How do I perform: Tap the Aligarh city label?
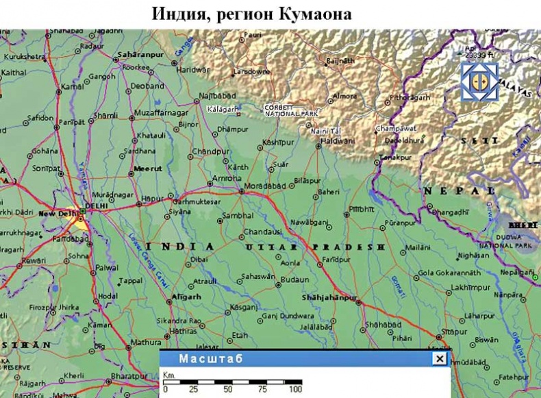click(186, 297)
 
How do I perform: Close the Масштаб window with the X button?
click(439, 359)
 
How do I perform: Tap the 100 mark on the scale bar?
click(295, 388)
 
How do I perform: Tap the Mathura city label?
click(147, 342)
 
